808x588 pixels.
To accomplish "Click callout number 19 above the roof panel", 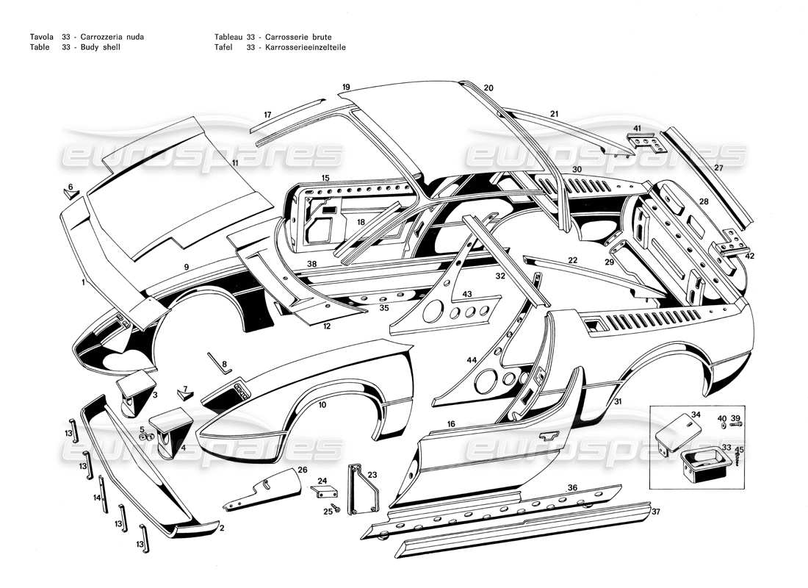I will pyautogui.click(x=346, y=87).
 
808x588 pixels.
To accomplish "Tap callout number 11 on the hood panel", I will pyautogui.click(x=235, y=162).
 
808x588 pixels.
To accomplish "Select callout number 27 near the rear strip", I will pyautogui.click(x=718, y=168).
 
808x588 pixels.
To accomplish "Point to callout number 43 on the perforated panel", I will pyautogui.click(x=466, y=294).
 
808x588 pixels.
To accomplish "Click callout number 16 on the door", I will pyautogui.click(x=451, y=424).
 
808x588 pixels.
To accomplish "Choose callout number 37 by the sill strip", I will pyautogui.click(x=656, y=512).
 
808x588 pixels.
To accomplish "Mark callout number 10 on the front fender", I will pyautogui.click(x=322, y=404).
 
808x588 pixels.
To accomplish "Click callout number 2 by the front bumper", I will pyautogui.click(x=221, y=528).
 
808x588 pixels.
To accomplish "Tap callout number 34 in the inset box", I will pyautogui.click(x=696, y=415).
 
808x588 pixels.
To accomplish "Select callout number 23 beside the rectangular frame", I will pyautogui.click(x=372, y=475).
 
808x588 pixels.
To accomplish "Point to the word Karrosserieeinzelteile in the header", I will pyautogui.click(x=301, y=46).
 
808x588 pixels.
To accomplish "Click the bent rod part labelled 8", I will pyautogui.click(x=216, y=361).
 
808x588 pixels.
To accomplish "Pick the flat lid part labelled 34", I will pyautogui.click(x=676, y=429).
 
